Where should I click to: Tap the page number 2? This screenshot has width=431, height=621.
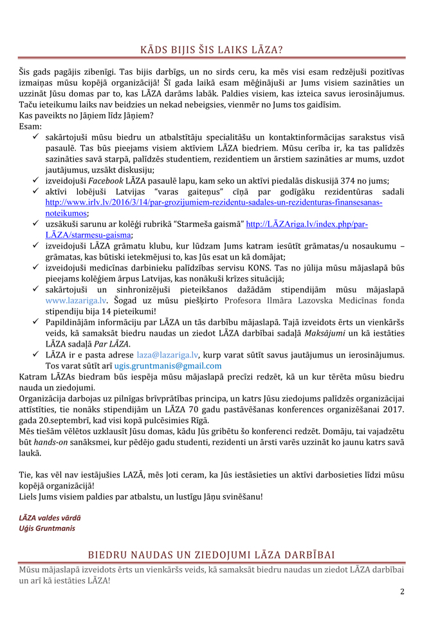(402, 591)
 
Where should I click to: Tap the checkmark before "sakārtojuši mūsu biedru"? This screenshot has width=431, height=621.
(37, 137)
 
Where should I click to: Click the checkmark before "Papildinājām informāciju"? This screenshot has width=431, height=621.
(37, 322)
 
